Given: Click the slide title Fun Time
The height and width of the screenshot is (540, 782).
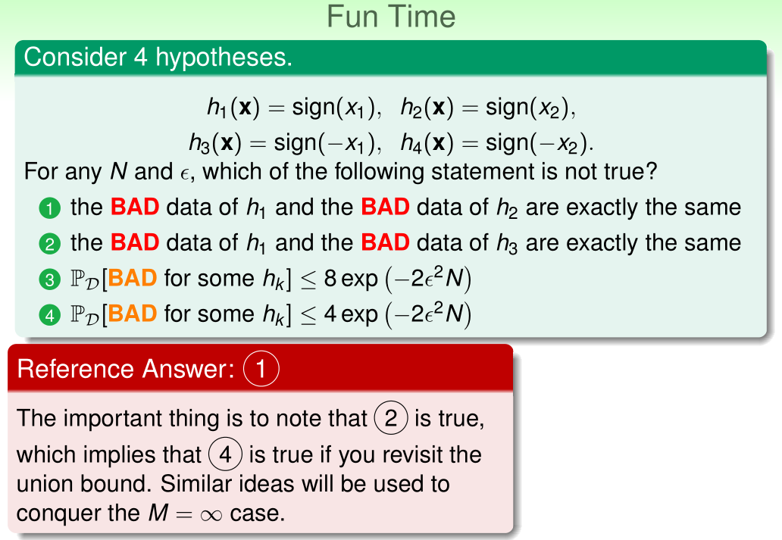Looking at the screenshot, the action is (391, 17).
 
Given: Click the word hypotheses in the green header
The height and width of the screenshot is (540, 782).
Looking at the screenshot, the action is (224, 57).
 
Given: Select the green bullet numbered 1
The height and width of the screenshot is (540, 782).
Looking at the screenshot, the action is (49, 208).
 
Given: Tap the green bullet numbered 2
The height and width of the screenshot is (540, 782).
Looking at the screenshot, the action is (49, 244).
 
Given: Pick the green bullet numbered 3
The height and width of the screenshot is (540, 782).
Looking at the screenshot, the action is (49, 279).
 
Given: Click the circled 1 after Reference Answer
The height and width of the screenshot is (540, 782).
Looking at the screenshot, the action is (261, 369).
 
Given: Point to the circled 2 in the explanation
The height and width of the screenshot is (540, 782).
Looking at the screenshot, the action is (391, 418).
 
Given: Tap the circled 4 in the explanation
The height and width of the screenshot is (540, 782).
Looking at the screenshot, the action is (225, 454).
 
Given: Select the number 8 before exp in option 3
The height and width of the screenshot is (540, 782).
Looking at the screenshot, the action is (330, 279).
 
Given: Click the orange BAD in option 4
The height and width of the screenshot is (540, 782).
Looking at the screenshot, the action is (132, 314).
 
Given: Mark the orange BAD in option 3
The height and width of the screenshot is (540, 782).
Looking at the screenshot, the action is (132, 278).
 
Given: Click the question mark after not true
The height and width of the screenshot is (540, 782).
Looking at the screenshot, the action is (651, 171).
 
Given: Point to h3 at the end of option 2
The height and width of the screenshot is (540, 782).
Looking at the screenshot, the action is (507, 244).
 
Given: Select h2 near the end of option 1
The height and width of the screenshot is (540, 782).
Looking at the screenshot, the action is (507, 208).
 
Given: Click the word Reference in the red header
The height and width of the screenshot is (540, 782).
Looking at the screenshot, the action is (75, 369).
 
